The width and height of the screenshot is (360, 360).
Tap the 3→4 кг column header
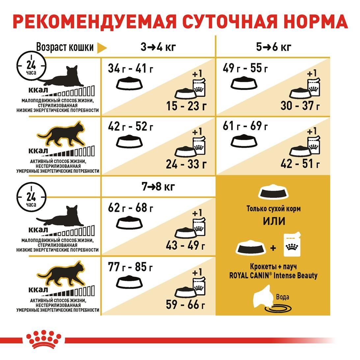click(158, 47)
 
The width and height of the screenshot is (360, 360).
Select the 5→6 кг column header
click(274, 47)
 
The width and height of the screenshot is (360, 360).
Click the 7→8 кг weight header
click(158, 187)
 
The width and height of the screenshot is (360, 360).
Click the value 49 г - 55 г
click(245, 69)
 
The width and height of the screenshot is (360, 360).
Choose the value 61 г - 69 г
click(245, 126)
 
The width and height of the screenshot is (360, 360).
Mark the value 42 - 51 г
click(300, 163)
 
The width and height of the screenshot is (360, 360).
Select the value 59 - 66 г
click(186, 304)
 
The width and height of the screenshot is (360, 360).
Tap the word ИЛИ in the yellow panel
click(274, 221)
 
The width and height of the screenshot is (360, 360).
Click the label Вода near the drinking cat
click(283, 297)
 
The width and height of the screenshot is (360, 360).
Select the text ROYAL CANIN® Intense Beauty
click(273, 275)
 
